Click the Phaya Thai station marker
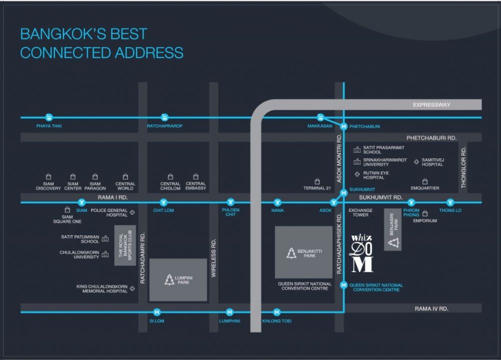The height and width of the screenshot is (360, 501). [49, 118]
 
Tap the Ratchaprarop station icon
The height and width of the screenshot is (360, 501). [164, 118]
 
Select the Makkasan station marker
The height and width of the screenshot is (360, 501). [321, 118]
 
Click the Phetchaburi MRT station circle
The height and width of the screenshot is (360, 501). [344, 126]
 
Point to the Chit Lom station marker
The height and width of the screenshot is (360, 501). [163, 202]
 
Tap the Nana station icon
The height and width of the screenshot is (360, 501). [277, 202]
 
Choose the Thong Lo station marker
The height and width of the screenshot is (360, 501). [450, 202]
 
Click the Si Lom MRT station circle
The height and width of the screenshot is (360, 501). [157, 312]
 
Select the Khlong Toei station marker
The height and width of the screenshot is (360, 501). [277, 312]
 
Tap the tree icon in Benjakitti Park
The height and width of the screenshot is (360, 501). [291, 253]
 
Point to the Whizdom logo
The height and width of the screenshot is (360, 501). [362, 253]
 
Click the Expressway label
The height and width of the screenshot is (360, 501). [431, 105]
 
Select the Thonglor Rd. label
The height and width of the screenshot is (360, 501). [463, 168]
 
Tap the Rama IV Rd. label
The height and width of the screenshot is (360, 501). [431, 308]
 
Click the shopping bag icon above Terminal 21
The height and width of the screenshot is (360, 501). [317, 182]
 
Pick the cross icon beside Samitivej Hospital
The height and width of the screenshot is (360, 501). [417, 161]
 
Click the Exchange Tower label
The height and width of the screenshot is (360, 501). [359, 212]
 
